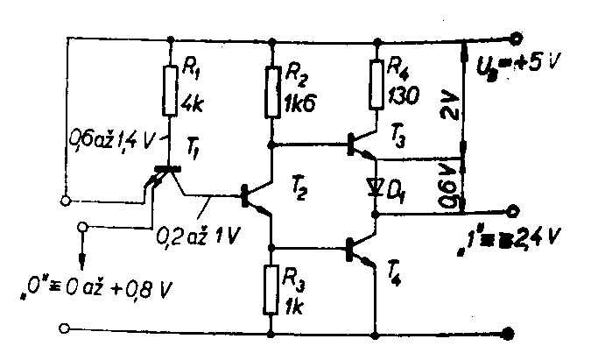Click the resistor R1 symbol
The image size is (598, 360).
click(x=167, y=88)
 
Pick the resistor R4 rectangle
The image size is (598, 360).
click(x=376, y=84)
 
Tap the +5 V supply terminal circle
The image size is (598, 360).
click(x=517, y=39)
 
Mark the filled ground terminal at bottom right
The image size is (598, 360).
click(x=509, y=332)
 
